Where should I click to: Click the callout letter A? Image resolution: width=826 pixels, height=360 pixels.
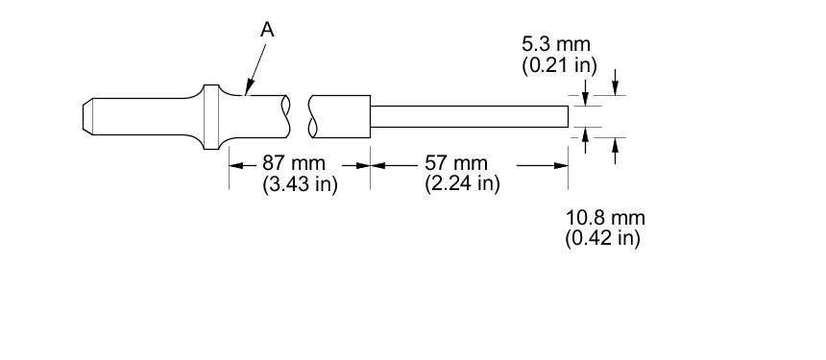(x=268, y=30)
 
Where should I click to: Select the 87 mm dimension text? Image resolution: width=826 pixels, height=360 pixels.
(x=293, y=164)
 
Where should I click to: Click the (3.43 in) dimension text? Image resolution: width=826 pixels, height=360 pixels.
(x=300, y=184)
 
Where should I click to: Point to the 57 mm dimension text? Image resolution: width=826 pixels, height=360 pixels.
(x=456, y=164)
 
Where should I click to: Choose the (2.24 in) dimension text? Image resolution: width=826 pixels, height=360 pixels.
(x=462, y=183)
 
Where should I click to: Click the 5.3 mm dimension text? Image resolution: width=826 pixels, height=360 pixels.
(x=556, y=44)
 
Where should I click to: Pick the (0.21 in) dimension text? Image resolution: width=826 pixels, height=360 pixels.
(x=559, y=65)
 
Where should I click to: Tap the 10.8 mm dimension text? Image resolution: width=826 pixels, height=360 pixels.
(x=605, y=217)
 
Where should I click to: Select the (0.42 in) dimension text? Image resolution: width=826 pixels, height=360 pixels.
(x=603, y=238)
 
